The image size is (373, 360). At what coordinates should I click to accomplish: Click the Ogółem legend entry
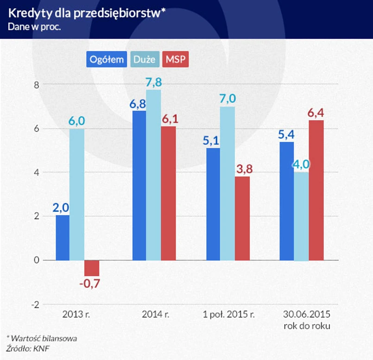pos(106,59)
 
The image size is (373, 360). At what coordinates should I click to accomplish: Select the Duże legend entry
pos(144,59)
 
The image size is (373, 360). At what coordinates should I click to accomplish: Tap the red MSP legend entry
pos(175,59)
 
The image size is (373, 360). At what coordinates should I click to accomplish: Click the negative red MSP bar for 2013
pos(92,268)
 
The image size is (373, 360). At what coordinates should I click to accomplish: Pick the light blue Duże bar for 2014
pos(153,175)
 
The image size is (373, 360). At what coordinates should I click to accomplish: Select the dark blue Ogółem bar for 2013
pos(63,238)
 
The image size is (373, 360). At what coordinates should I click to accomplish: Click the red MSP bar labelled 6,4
pos(316,190)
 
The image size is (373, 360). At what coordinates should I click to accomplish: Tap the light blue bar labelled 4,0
pos(301,216)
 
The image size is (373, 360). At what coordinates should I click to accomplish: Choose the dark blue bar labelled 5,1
pos(213,204)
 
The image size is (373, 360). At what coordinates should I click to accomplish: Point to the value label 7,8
pos(153,82)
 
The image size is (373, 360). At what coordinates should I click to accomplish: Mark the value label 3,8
pos(242,169)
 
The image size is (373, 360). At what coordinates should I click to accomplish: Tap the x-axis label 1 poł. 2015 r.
pos(229,315)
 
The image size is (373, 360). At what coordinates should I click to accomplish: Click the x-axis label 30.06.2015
pos(307,315)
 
